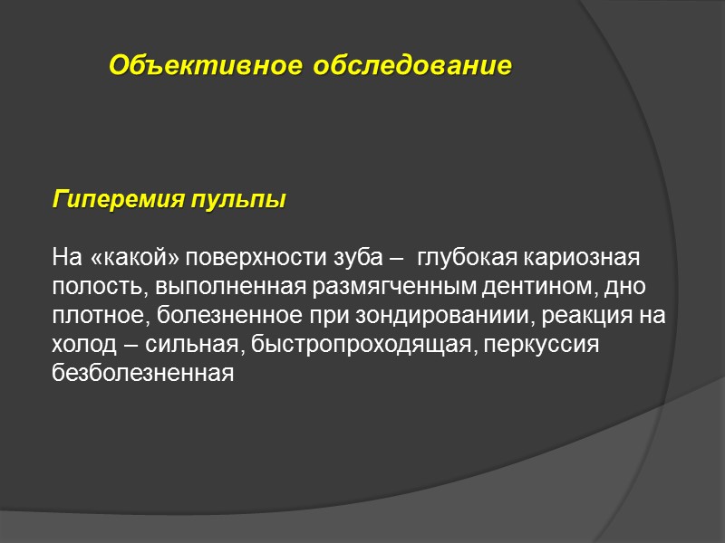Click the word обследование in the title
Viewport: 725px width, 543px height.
(411, 66)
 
